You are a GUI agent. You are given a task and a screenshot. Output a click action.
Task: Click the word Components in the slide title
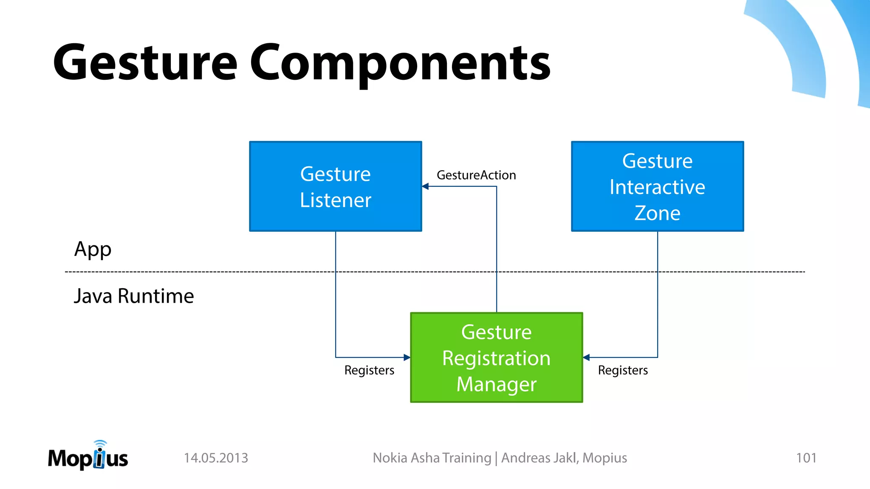(399, 64)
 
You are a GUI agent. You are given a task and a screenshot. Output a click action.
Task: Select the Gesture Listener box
(335, 186)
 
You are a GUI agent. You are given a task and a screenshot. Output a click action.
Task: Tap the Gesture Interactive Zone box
(657, 186)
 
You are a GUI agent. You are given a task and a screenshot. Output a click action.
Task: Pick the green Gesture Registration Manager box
(496, 357)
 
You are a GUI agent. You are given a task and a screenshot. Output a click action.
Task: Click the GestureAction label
(476, 175)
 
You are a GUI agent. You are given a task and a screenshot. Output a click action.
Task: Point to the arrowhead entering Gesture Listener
(425, 186)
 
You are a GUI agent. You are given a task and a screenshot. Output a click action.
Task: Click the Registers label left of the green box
(369, 370)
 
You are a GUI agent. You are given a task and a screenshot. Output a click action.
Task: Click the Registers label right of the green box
(623, 370)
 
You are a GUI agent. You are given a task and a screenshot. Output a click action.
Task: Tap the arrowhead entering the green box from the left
(407, 357)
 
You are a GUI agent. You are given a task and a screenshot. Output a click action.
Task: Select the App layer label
(93, 250)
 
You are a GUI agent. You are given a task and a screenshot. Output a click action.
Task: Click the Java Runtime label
(134, 296)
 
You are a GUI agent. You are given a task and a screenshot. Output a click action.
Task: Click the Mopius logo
(88, 456)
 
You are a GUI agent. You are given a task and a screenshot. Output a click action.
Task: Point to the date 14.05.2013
(216, 458)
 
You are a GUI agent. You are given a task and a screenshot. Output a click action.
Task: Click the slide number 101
(806, 458)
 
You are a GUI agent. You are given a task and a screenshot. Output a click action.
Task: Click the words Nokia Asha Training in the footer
(432, 458)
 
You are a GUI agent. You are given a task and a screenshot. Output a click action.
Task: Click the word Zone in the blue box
(657, 213)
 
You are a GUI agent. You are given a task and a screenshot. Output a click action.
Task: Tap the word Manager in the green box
(496, 385)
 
